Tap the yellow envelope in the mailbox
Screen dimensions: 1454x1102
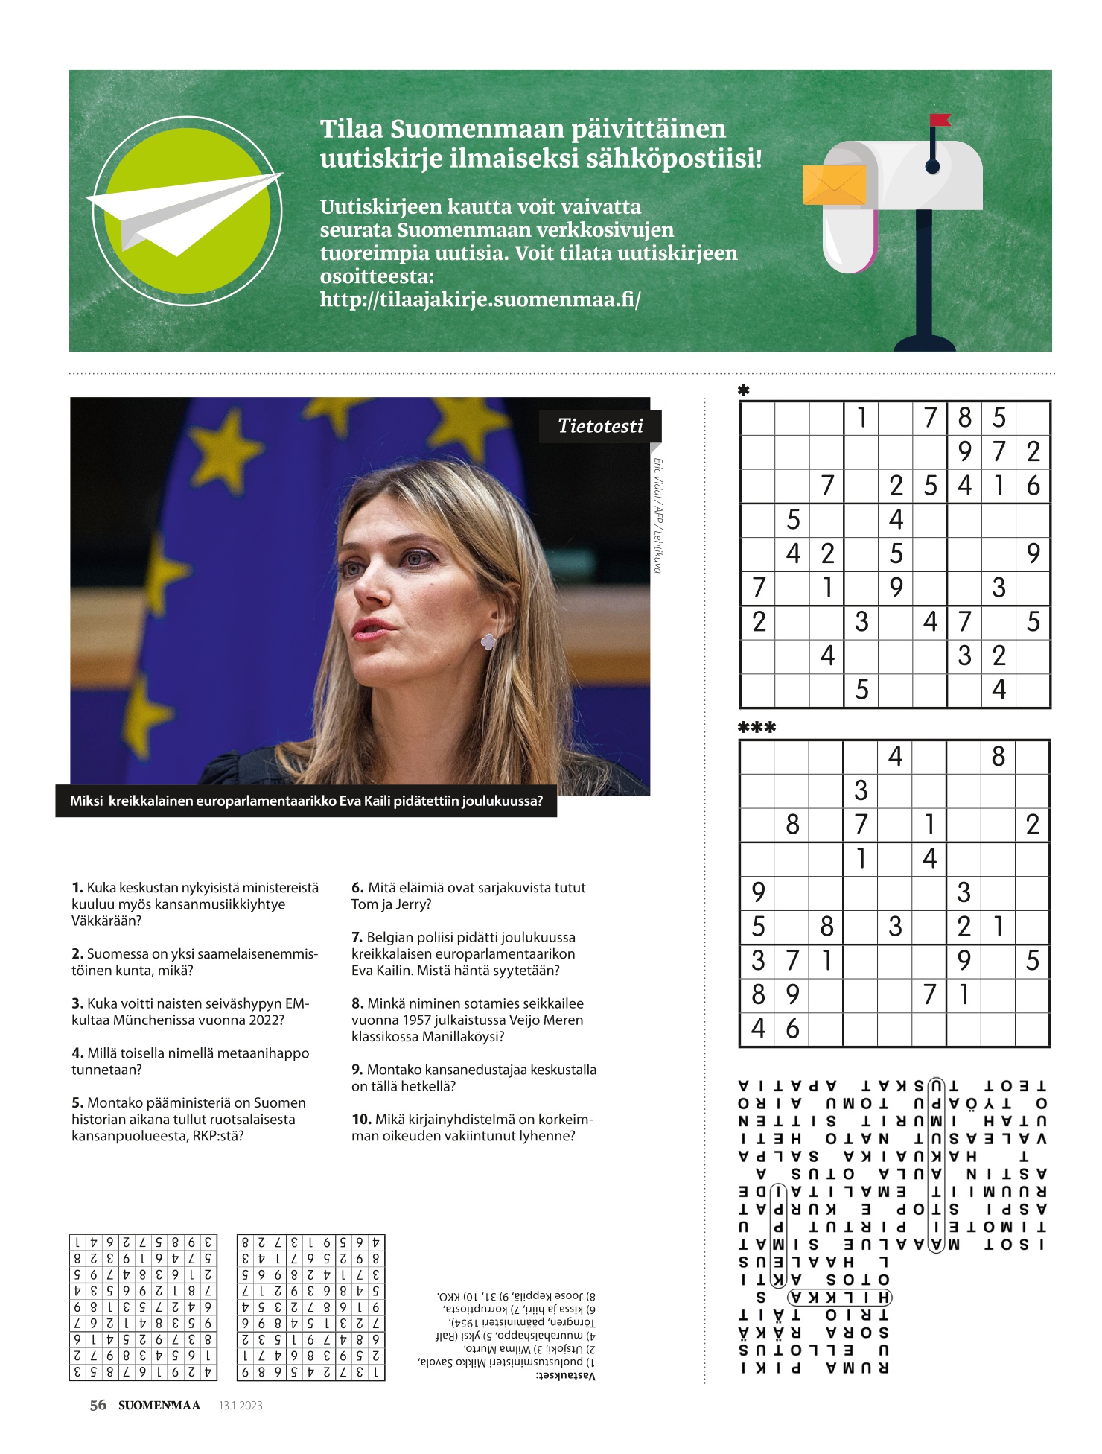(x=834, y=185)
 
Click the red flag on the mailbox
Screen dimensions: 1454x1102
(x=940, y=120)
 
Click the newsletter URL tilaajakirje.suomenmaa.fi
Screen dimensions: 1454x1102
(x=480, y=299)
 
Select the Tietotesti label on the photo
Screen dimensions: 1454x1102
(x=600, y=426)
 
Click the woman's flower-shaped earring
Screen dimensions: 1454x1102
(x=488, y=641)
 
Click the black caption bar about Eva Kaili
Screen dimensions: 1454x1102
(x=306, y=801)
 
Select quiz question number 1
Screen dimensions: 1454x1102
(x=195, y=904)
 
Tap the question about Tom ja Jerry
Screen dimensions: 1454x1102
(x=468, y=895)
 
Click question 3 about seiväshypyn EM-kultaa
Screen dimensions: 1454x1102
(x=190, y=1012)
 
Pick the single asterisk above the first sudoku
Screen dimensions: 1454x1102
(x=743, y=390)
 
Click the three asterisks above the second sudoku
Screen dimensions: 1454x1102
(x=757, y=728)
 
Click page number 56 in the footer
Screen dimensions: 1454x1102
(x=98, y=1406)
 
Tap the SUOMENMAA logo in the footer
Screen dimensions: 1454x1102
(x=159, y=1406)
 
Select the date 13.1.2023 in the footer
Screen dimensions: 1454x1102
(x=241, y=1406)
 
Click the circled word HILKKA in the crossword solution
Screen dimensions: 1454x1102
(x=840, y=1298)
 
